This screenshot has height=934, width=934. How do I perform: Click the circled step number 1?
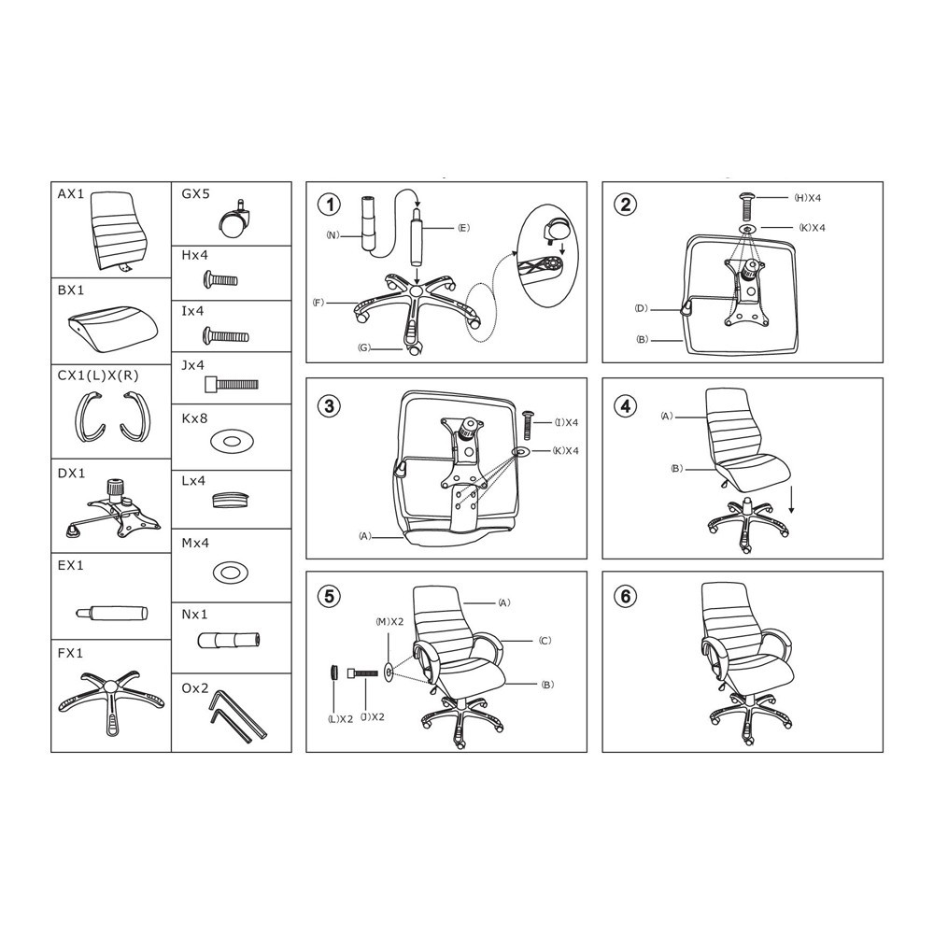pyautogui.click(x=330, y=205)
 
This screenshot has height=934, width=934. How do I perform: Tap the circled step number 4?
pyautogui.click(x=626, y=406)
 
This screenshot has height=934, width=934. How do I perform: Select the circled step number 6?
pyautogui.click(x=626, y=596)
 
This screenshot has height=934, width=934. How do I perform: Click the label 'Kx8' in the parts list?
pyautogui.click(x=194, y=418)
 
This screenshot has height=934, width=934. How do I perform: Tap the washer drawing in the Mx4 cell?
pyautogui.click(x=230, y=573)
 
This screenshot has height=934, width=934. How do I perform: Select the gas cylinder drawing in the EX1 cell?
pyautogui.click(x=112, y=613)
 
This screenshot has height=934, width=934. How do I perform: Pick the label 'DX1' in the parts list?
pyautogui.click(x=72, y=474)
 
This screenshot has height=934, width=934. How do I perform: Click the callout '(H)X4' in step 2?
pyautogui.click(x=808, y=198)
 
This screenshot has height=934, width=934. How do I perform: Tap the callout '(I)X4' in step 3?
pyautogui.click(x=566, y=422)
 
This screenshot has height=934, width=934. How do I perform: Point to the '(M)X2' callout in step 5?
pyautogui.click(x=389, y=622)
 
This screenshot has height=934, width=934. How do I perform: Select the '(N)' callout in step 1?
pyautogui.click(x=332, y=234)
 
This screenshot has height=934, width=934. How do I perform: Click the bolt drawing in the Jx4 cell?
pyautogui.click(x=232, y=384)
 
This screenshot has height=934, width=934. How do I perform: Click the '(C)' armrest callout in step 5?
pyautogui.click(x=545, y=641)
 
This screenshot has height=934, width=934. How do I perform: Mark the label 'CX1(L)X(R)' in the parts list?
pyautogui.click(x=98, y=375)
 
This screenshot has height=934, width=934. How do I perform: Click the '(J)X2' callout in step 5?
pyautogui.click(x=372, y=717)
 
